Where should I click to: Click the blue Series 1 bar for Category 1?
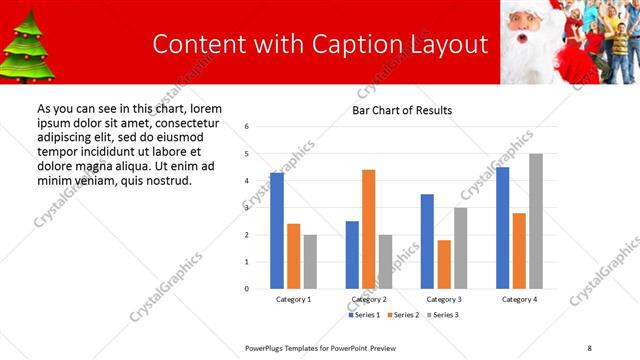(276, 231)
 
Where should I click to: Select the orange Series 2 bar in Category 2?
(368, 229)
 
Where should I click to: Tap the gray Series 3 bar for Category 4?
(535, 221)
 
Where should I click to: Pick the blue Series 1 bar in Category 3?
(427, 241)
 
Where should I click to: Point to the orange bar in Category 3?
(444, 264)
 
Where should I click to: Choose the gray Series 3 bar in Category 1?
(310, 262)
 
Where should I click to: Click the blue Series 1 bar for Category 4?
(502, 228)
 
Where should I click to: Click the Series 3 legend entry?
(444, 315)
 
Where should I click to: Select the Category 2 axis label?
(369, 299)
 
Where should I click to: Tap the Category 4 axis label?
(519, 299)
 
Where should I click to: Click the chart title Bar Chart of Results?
(402, 110)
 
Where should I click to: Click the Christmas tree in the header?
(23, 47)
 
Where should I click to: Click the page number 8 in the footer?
(589, 347)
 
